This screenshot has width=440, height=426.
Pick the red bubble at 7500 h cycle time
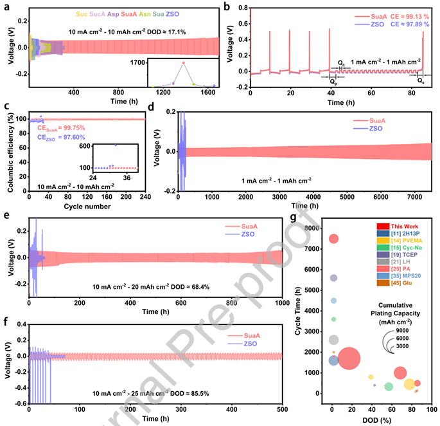pyautogui.click(x=333, y=239)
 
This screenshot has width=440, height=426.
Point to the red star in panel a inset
pyautogui.click(x=183, y=63)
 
